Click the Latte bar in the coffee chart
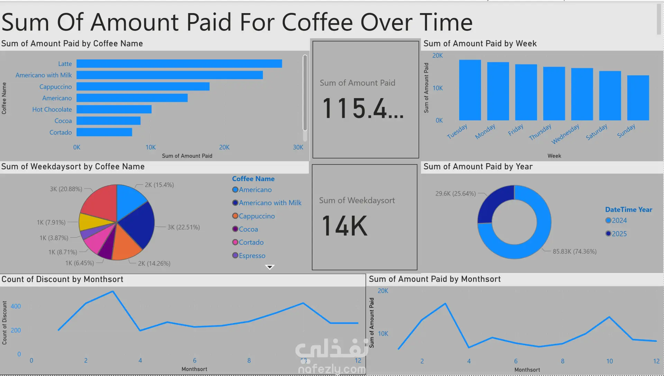coord(179,64)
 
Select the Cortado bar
coord(104,132)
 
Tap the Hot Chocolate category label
coord(52,110)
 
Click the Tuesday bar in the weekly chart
coord(470,90)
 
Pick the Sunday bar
coord(638,98)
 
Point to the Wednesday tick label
coord(565,134)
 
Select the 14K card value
coord(344,226)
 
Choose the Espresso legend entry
coord(252,256)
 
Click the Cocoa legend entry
coord(248,229)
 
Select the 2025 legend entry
coord(619,234)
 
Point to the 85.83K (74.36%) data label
coord(574,252)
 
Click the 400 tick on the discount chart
coord(16,306)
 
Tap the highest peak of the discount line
coord(113,292)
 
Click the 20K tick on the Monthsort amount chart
coord(383,291)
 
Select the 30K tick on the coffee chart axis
coord(298,147)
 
